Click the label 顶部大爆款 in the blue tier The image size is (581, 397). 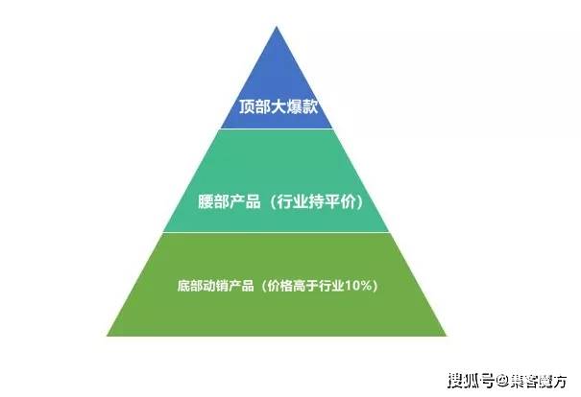pyautogui.click(x=278, y=107)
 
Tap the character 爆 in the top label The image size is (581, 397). pyautogui.click(x=294, y=107)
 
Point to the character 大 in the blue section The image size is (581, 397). pyautogui.click(x=278, y=107)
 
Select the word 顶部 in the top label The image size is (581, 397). pyautogui.click(x=254, y=107)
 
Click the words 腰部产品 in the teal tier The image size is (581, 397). pyautogui.click(x=229, y=202)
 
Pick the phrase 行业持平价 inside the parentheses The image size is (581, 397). pyautogui.click(x=316, y=202)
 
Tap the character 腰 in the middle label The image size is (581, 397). pyautogui.click(x=206, y=202)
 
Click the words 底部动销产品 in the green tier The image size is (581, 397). pyautogui.click(x=216, y=286)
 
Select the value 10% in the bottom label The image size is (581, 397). pyautogui.click(x=358, y=286)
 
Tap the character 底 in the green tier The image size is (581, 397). pyautogui.click(x=183, y=286)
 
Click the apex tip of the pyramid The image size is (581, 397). pyautogui.click(x=277, y=27)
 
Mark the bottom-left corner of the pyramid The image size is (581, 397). pyautogui.click(x=108, y=336)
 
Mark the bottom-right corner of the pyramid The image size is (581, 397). pyautogui.click(x=447, y=336)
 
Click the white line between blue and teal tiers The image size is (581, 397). pyautogui.click(x=277, y=128)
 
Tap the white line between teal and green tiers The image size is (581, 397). pyautogui.click(x=276, y=232)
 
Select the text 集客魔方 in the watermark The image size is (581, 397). pyautogui.click(x=537, y=381)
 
